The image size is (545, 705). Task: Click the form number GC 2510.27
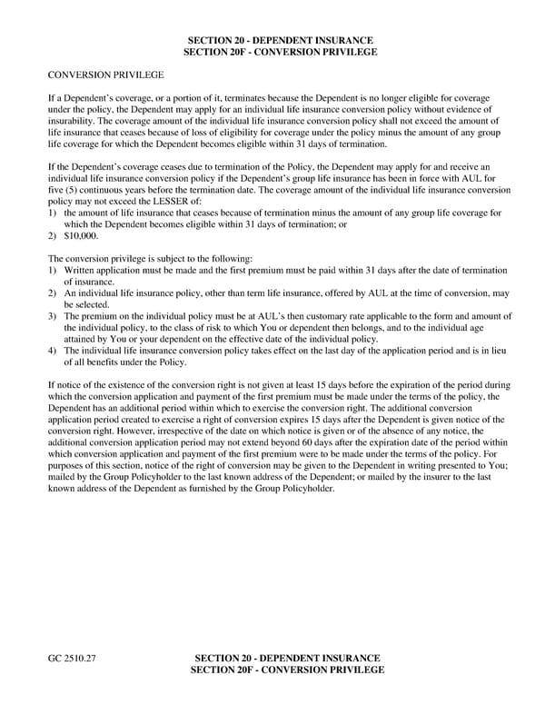[x=72, y=657]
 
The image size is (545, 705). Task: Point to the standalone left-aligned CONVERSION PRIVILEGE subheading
[x=105, y=74]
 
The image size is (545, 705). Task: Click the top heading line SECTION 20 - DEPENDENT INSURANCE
[x=280, y=41]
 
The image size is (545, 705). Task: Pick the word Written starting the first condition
[x=81, y=271]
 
